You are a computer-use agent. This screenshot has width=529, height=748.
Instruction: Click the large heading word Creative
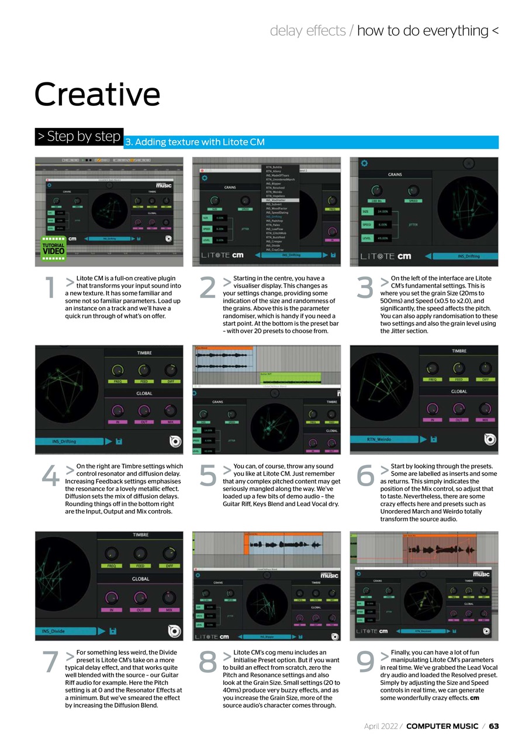pos(97,94)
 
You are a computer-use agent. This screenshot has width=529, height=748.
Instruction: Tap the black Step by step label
pos(79,137)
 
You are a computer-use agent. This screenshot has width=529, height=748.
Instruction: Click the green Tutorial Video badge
pos(54,248)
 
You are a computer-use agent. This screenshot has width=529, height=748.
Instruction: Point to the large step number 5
pos(208,476)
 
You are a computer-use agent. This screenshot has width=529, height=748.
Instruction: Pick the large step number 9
pos(365,662)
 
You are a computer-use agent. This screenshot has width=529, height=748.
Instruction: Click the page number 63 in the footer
pos(494,726)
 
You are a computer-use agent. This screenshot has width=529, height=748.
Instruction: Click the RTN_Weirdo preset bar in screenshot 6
pos(386,439)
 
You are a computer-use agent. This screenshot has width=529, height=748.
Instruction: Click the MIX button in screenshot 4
pos(170,421)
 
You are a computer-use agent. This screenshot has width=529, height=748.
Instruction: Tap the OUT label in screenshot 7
pos(140,610)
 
